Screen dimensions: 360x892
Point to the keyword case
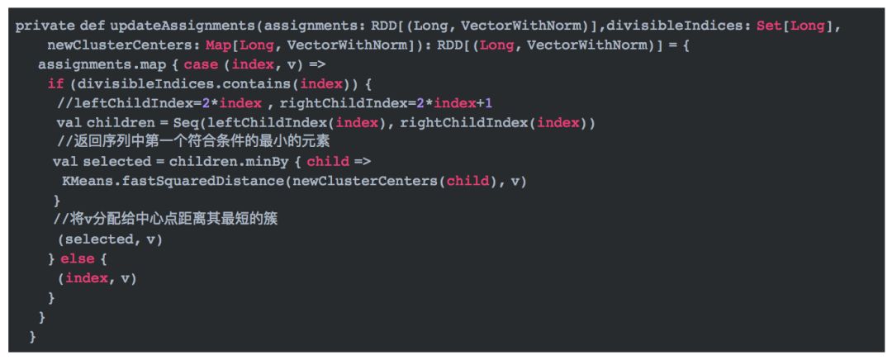tap(201, 64)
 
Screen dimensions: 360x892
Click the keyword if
tap(55, 83)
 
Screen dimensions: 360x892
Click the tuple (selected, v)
tap(110, 239)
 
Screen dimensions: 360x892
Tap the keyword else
tap(78, 258)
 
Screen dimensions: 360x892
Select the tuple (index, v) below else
tap(97, 278)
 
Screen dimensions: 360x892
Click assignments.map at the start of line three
tap(88, 64)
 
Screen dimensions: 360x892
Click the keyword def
tap(92, 26)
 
